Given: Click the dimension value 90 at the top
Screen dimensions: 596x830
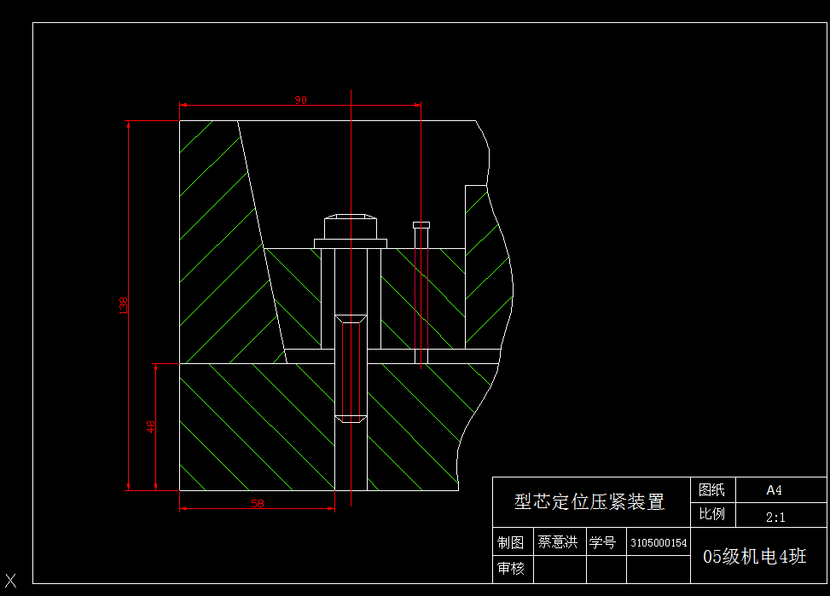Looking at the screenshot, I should click(300, 100).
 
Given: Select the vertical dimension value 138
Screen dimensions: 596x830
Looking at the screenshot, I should click(124, 304).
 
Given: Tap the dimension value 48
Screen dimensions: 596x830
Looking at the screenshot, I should click(151, 426).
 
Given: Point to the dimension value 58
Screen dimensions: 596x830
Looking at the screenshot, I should click(258, 504).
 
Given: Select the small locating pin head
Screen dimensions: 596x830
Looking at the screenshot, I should click(421, 225).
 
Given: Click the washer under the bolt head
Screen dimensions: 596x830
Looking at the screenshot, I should click(351, 244).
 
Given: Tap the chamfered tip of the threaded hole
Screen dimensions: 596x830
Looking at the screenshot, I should click(351, 419).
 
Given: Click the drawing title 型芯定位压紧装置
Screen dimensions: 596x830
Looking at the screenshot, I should click(589, 502).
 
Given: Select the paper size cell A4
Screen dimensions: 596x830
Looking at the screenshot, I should click(774, 490).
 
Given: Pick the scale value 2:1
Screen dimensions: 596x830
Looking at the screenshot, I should click(775, 517).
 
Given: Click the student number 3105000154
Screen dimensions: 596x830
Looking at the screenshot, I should click(658, 543).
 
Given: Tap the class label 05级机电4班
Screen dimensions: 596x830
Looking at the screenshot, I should click(754, 557).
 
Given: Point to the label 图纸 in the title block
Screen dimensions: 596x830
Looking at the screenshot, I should click(711, 490).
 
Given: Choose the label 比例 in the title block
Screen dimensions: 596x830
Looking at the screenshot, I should click(711, 515).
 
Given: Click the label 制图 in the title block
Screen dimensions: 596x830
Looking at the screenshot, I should click(511, 543).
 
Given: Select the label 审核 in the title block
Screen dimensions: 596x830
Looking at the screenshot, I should click(511, 568).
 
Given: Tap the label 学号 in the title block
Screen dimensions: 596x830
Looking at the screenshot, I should click(602, 542).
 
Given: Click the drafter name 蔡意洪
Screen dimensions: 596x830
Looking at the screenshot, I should click(557, 542).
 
